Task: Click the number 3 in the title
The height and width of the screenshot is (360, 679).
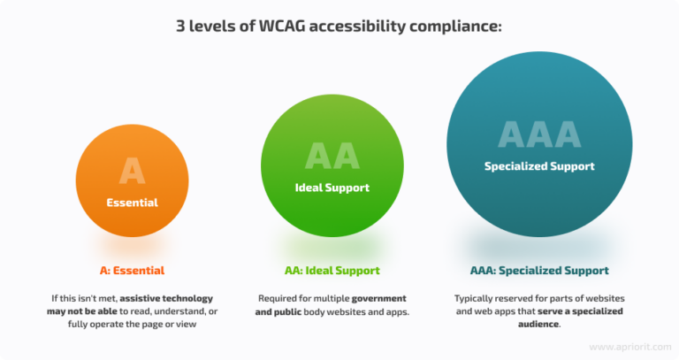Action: (x=181, y=27)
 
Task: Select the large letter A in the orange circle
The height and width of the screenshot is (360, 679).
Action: (x=132, y=171)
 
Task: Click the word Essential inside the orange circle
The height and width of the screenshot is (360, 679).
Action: (x=132, y=203)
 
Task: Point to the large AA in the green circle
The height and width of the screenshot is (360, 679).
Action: (x=332, y=157)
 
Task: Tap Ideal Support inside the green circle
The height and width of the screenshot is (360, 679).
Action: (x=332, y=188)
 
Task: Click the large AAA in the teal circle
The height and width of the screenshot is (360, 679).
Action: (x=539, y=134)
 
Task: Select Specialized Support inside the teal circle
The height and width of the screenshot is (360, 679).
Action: (x=539, y=166)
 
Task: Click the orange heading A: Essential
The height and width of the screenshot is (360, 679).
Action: (x=132, y=269)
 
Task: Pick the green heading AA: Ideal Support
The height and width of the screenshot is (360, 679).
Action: (x=332, y=269)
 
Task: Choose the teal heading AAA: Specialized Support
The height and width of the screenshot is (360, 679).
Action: (x=539, y=269)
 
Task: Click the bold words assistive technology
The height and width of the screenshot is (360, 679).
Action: (x=167, y=298)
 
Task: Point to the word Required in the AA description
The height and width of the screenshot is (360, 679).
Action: (x=278, y=298)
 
